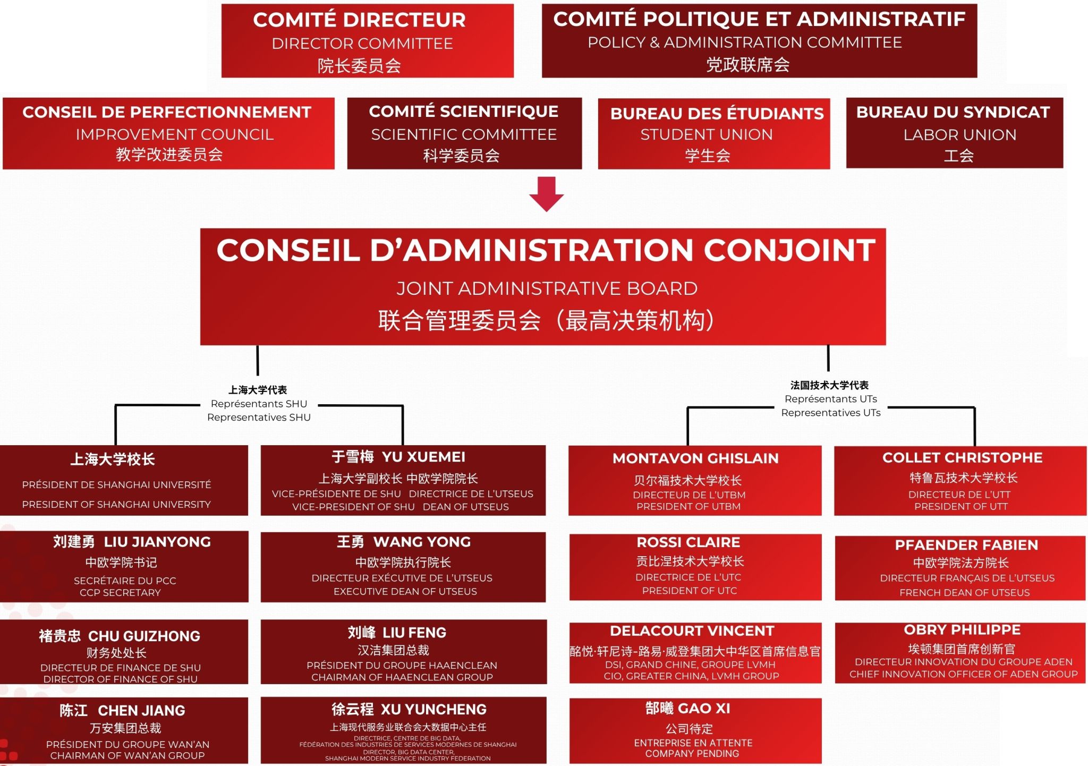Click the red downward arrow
point(546,194)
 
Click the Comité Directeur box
point(367,41)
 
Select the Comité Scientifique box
point(464,133)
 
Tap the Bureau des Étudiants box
point(713,134)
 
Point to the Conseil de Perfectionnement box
point(168,133)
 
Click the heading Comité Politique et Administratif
point(759,19)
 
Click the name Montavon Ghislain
point(695,458)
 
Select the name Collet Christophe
point(962,458)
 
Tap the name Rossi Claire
point(688,542)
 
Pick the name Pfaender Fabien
point(966,545)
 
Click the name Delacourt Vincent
point(692,631)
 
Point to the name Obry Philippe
point(962,630)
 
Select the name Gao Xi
point(687,709)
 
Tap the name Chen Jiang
point(122,711)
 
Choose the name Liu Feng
point(397,633)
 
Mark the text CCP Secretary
point(120,593)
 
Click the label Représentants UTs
point(830,399)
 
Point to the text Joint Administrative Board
point(547,288)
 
